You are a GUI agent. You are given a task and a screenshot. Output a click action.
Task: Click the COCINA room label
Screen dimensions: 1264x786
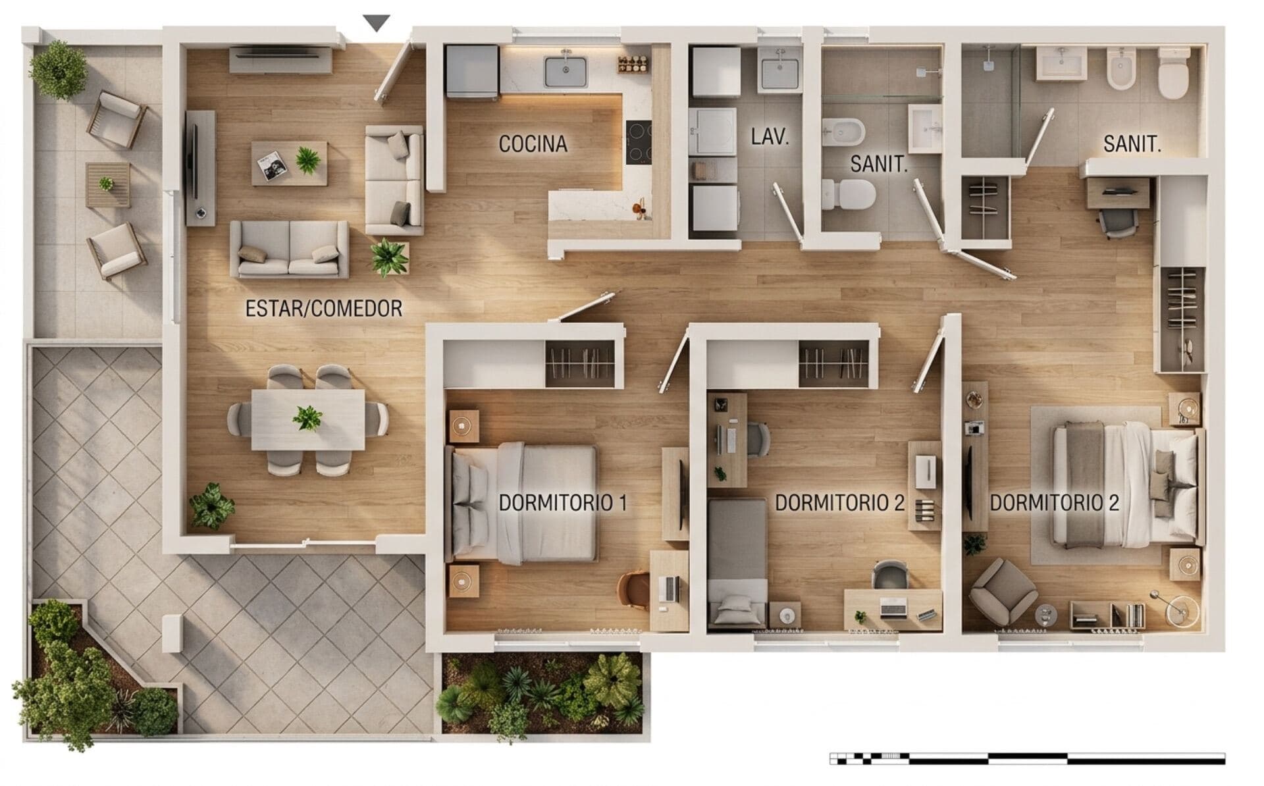coord(533,144)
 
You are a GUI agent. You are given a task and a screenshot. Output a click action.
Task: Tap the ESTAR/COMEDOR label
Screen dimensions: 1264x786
coord(323,308)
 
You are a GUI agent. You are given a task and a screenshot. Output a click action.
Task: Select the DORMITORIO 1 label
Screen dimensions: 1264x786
coord(563,503)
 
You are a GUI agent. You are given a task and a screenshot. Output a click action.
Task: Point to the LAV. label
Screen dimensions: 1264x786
coord(770,137)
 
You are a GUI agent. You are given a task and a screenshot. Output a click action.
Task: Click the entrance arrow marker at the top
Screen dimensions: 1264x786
coord(377,23)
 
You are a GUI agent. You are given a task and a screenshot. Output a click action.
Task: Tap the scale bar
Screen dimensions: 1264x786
coord(1027,758)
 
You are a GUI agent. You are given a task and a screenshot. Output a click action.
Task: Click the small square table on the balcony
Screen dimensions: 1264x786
coord(107,185)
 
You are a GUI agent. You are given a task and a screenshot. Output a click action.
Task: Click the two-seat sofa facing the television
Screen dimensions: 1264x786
coord(289,249)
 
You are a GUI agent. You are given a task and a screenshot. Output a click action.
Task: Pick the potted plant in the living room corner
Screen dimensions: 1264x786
coord(211,506)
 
